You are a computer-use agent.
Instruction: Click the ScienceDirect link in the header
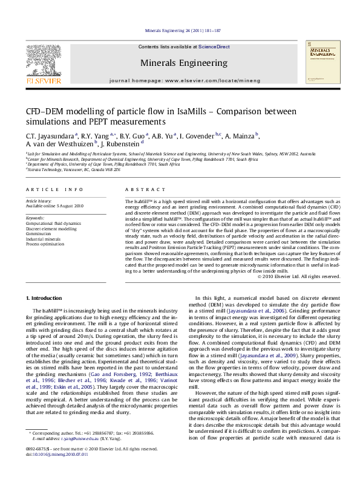point(214,47)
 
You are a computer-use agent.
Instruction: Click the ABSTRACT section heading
point(136,189)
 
